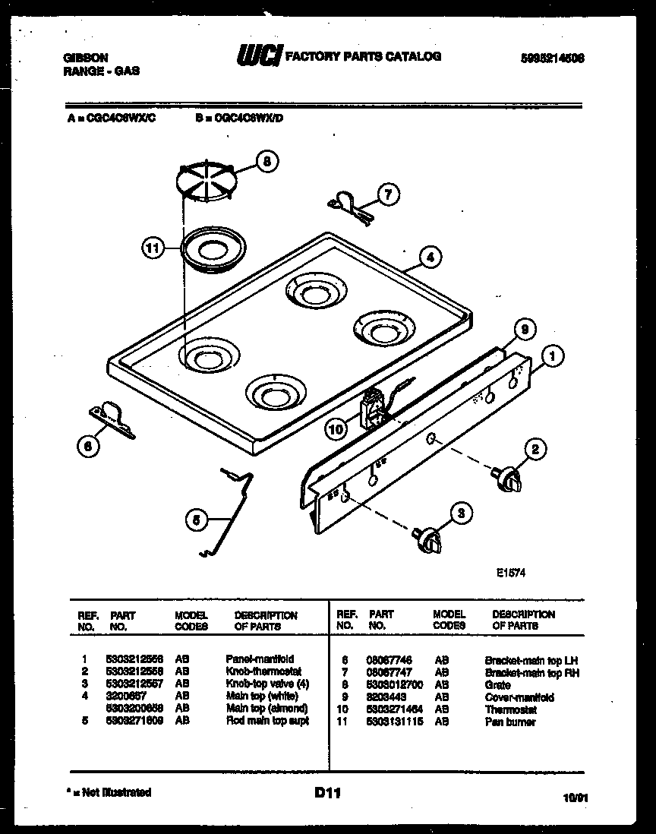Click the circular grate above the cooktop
tap(204, 183)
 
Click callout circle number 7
tap(387, 195)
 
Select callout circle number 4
tap(429, 257)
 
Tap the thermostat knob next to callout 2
tap(506, 479)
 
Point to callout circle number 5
tap(197, 520)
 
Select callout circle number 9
tap(524, 329)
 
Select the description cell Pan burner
tap(510, 722)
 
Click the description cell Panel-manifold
tap(260, 659)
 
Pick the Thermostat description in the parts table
tap(511, 709)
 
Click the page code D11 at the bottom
tap(327, 793)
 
